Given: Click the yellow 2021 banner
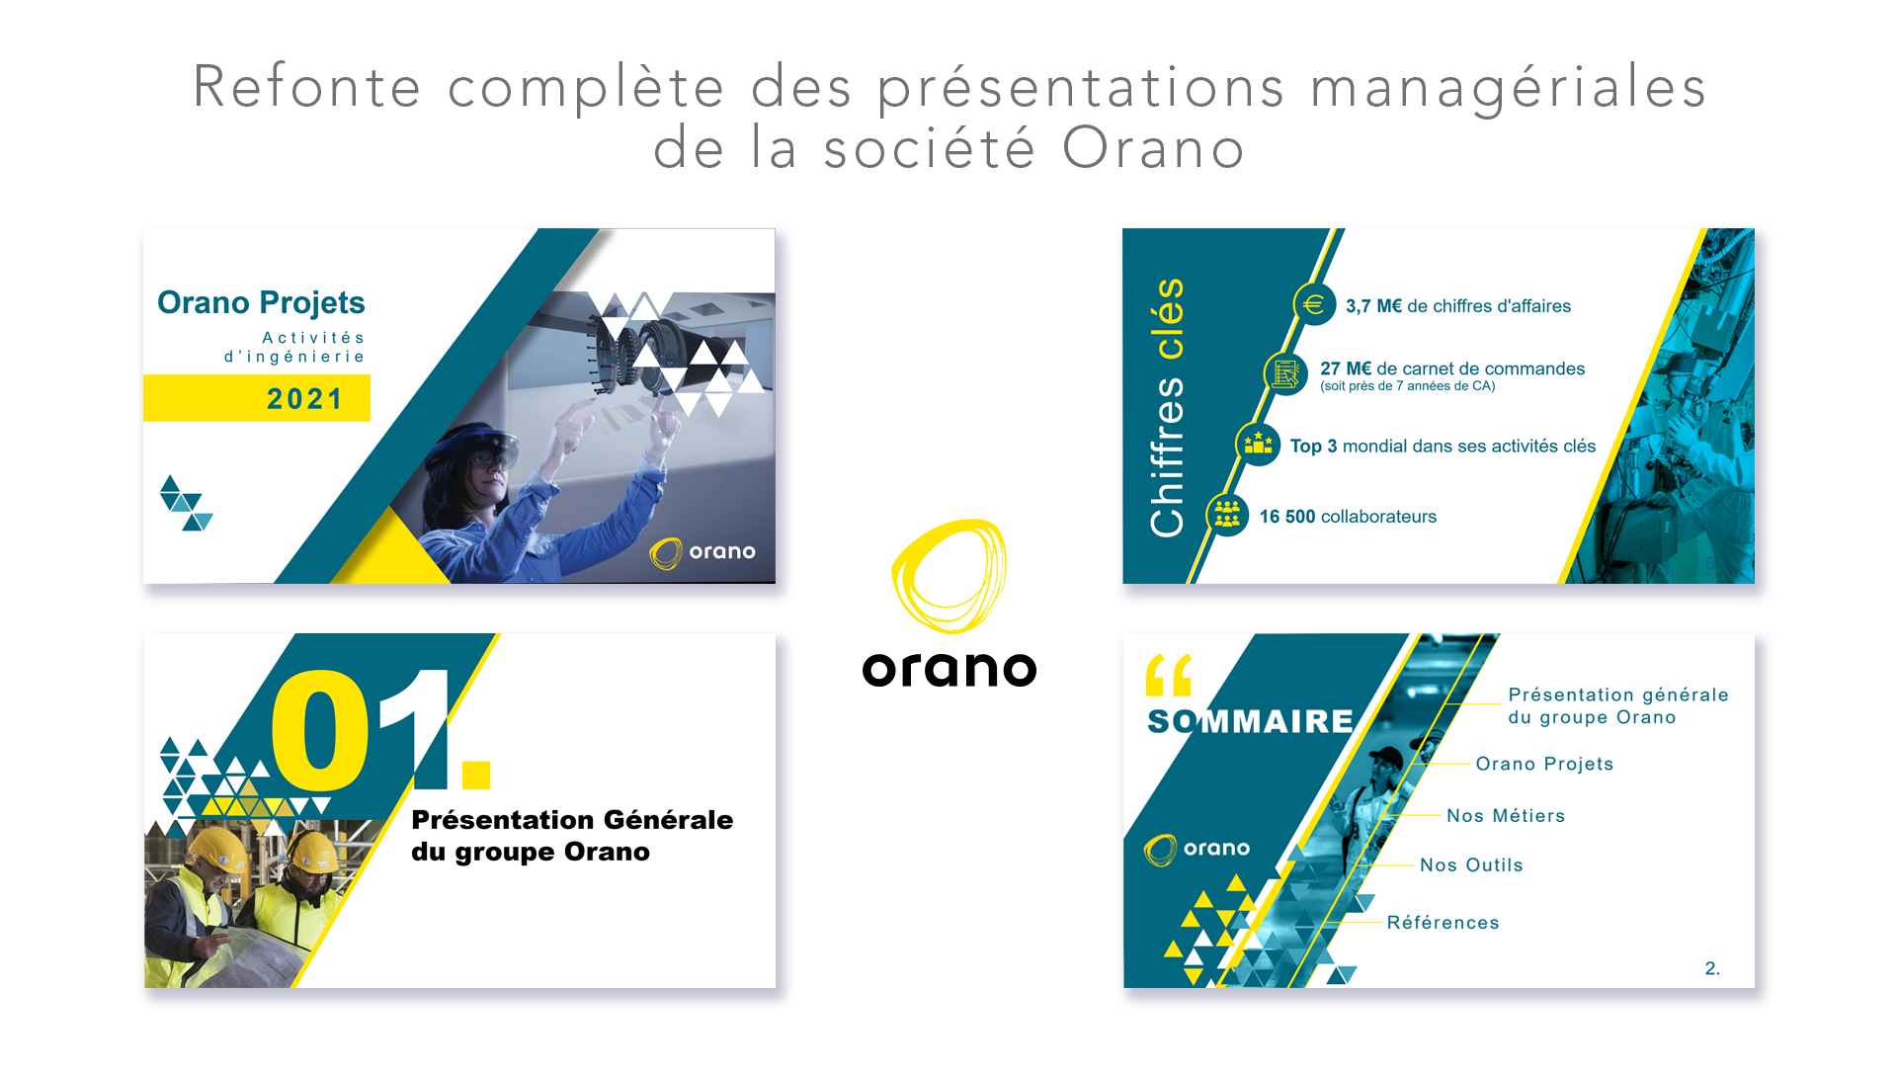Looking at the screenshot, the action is coord(257,398).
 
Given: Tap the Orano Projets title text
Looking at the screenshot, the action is coord(261,302).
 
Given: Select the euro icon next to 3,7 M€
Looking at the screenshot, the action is coord(1313,304).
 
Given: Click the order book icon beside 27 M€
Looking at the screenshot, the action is coord(1284,373).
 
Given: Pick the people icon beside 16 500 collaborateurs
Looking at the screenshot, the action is coord(1227,514).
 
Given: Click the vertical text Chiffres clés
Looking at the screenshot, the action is coord(1167,407).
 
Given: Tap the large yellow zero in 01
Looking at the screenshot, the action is coord(320,730).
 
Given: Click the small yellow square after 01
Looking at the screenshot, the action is coord(475,775).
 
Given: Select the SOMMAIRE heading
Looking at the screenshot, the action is coord(1250,721).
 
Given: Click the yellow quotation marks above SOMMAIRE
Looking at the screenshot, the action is coord(1169,676).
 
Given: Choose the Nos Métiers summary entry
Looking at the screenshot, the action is coord(1506,815).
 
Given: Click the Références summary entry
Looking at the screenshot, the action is coord(1443,922).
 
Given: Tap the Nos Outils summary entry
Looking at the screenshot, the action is coord(1471,864).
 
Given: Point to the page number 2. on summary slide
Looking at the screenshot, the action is coord(1712,968).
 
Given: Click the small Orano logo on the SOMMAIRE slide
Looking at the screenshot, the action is coord(1197,849).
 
